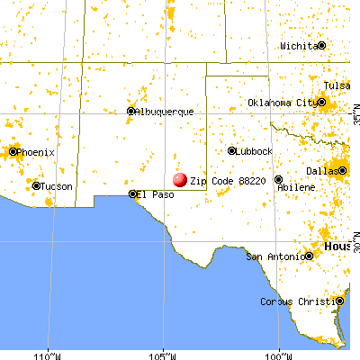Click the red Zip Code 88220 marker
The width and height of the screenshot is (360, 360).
[x=180, y=180]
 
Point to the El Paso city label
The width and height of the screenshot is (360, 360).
[x=156, y=193]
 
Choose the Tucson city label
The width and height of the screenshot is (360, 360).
[x=54, y=186]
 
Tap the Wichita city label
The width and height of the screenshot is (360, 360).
[x=298, y=45]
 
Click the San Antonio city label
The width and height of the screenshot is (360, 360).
[x=278, y=256]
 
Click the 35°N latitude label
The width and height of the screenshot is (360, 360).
[x=354, y=115]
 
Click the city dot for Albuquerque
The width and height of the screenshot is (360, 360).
[x=131, y=112]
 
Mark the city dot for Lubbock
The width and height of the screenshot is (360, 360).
[x=231, y=151]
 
